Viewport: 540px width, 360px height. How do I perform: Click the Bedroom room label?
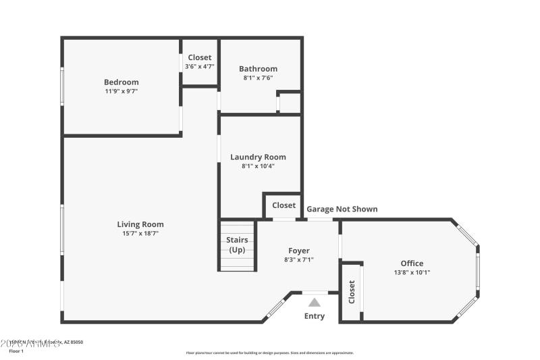pyautogui.click(x=122, y=82)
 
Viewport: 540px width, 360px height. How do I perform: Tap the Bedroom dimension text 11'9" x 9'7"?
pyautogui.click(x=122, y=91)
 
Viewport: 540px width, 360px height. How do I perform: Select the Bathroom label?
pyautogui.click(x=258, y=69)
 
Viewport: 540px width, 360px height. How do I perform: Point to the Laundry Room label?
pyautogui.click(x=258, y=157)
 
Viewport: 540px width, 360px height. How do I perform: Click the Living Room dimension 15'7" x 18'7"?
pyautogui.click(x=140, y=234)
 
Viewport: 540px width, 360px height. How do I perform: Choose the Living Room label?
pyautogui.click(x=140, y=224)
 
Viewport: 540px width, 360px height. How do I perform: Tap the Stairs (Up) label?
pyautogui.click(x=237, y=245)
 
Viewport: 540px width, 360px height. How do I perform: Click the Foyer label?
pyautogui.click(x=299, y=251)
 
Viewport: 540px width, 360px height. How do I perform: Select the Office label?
pyautogui.click(x=412, y=263)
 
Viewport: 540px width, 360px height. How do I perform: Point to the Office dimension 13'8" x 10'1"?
pyautogui.click(x=412, y=273)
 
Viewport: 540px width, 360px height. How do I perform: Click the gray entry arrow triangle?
pyautogui.click(x=315, y=303)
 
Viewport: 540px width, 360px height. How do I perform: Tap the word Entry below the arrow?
pyautogui.click(x=315, y=316)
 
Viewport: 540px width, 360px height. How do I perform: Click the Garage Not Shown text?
pyautogui.click(x=342, y=209)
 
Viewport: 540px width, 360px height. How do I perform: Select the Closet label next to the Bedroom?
pyautogui.click(x=199, y=57)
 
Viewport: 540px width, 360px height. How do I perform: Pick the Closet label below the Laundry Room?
pyautogui.click(x=283, y=205)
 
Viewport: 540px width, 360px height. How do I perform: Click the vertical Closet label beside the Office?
pyautogui.click(x=352, y=292)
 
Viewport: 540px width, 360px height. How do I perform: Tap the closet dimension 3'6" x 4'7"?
pyautogui.click(x=199, y=66)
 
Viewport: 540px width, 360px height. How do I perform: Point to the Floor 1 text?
pyautogui.click(x=16, y=351)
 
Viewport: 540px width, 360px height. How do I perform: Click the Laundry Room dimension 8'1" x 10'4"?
pyautogui.click(x=258, y=166)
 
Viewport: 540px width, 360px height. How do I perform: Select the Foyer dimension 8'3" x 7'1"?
pyautogui.click(x=299, y=259)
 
